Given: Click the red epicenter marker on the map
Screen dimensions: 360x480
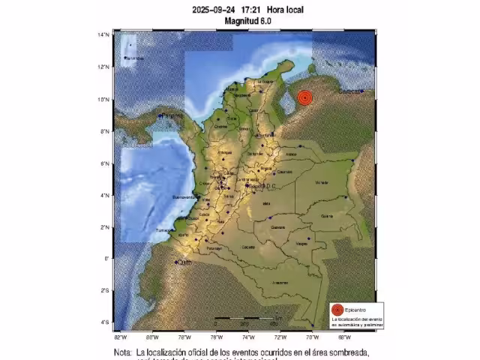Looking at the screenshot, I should pyautogui.click(x=304, y=98).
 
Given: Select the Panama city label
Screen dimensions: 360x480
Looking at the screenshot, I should pyautogui.click(x=172, y=115).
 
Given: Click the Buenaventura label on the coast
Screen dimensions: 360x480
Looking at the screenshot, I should pyautogui.click(x=183, y=197).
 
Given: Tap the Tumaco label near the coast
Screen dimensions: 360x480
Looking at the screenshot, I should pyautogui.click(x=163, y=230).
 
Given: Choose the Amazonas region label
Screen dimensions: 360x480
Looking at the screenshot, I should pyautogui.click(x=280, y=282).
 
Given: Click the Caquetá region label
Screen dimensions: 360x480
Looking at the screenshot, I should pyautogui.click(x=248, y=247).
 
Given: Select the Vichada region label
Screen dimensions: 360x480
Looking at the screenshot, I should pyautogui.click(x=322, y=182).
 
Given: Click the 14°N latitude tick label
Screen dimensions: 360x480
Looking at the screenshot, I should pyautogui.click(x=104, y=35).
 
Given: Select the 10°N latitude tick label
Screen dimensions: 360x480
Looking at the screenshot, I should pyautogui.click(x=104, y=99).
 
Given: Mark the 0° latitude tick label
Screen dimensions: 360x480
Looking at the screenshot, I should pyautogui.click(x=107, y=259).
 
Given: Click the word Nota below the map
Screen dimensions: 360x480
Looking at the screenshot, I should pyautogui.click(x=122, y=352).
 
